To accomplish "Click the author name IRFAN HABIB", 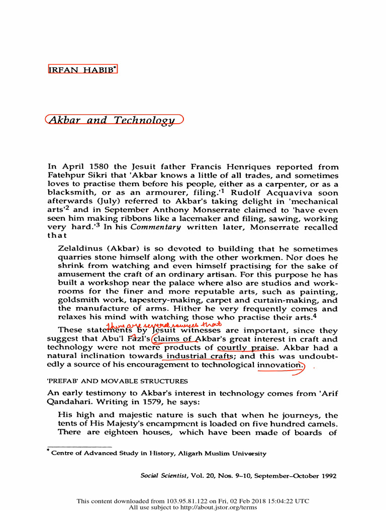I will pyautogui.click(x=82, y=69).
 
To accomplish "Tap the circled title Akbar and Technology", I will pyautogui.click(x=115, y=121).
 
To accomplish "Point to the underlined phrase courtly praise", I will pyautogui.click(x=246, y=348).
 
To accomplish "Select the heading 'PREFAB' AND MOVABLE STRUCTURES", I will pyautogui.click(x=118, y=381).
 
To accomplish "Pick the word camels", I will pyautogui.click(x=323, y=424).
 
